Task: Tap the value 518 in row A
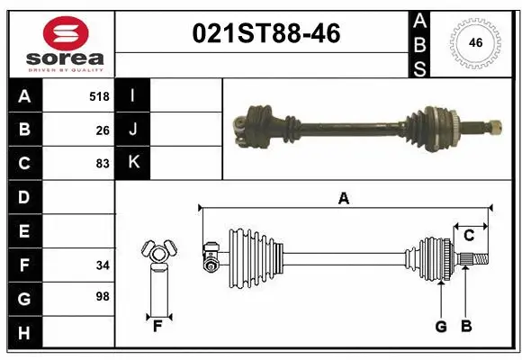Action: [x=99, y=96]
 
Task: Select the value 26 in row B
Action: [x=103, y=130]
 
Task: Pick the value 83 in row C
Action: [x=103, y=163]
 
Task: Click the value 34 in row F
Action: [x=103, y=265]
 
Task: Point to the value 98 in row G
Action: [x=103, y=296]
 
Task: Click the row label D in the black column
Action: [x=23, y=196]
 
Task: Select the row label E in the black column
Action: [x=23, y=230]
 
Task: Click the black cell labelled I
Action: [x=133, y=95]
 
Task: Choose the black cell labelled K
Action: [x=133, y=163]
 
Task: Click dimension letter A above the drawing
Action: [x=343, y=199]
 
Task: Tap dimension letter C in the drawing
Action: [x=468, y=236]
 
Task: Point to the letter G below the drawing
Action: [x=441, y=327]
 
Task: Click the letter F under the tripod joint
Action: [x=157, y=326]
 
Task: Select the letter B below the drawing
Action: [x=466, y=327]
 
